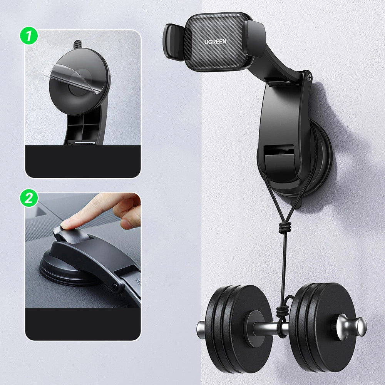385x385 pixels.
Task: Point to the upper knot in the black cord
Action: [x=283, y=228]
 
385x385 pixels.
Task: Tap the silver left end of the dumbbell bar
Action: [x=201, y=330]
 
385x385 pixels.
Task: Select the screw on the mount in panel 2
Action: [x=114, y=286]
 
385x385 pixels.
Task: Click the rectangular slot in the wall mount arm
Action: [x=280, y=152]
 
